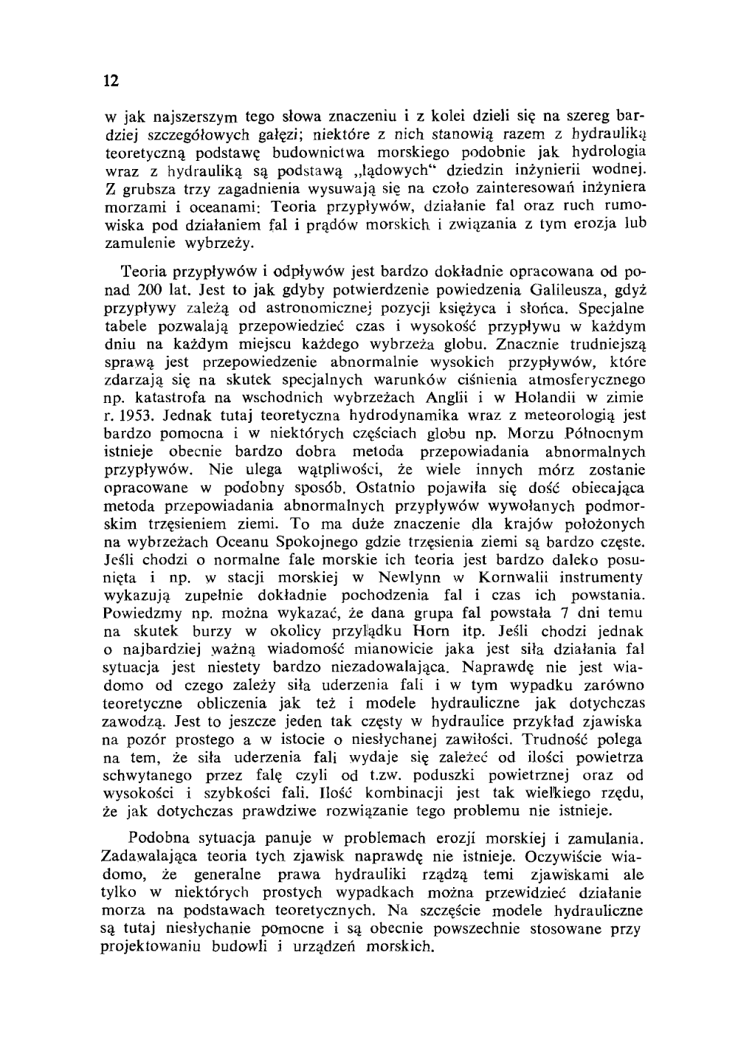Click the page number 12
click(111, 80)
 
